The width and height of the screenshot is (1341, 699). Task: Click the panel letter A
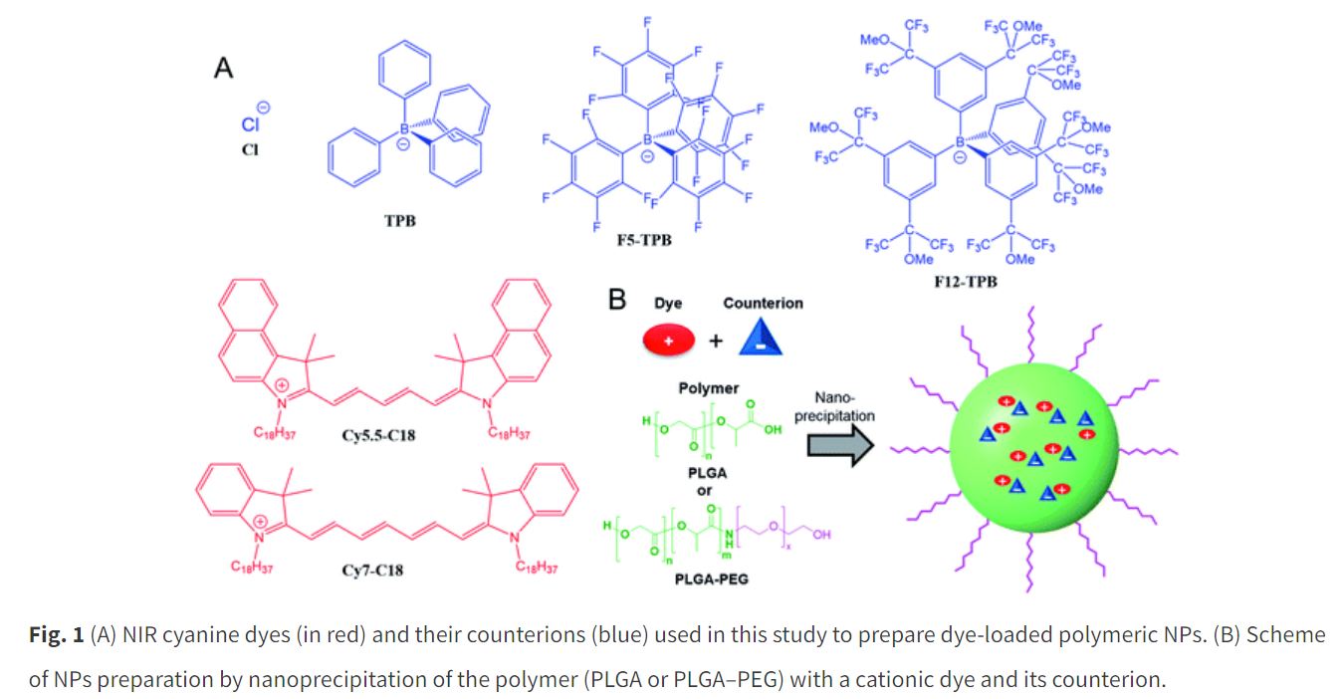(x=224, y=69)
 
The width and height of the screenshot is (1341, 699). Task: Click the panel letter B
(x=617, y=299)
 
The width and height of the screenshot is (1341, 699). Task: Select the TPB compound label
(x=400, y=220)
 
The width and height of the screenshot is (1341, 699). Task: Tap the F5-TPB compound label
(x=646, y=239)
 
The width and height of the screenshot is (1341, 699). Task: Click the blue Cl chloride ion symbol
(x=250, y=123)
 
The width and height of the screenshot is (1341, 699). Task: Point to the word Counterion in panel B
(x=763, y=303)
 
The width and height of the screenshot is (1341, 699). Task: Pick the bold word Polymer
(x=707, y=387)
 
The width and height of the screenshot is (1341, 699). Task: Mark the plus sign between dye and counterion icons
(x=715, y=342)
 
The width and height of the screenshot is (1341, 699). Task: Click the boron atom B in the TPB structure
(x=404, y=128)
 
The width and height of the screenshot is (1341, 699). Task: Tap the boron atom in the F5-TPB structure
(x=647, y=140)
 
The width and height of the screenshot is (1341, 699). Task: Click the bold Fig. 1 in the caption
(x=57, y=634)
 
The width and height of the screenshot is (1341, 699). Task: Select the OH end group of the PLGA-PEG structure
(x=821, y=536)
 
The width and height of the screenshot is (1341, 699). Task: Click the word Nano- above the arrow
(x=833, y=397)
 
